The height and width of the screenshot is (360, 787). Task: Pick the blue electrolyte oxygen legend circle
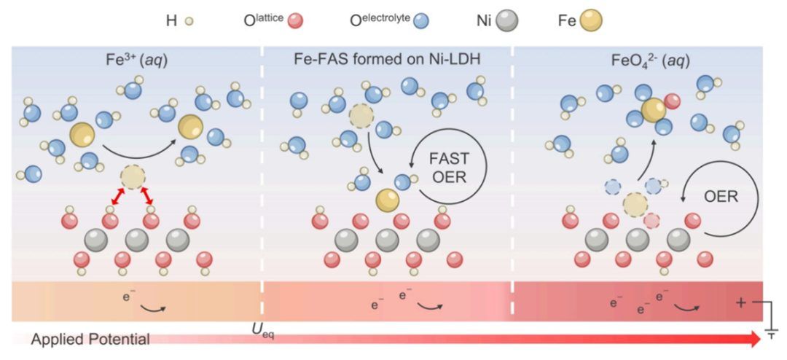tap(418, 22)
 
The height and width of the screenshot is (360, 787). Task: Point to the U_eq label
tap(262, 332)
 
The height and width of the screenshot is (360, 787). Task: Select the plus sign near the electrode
tap(741, 303)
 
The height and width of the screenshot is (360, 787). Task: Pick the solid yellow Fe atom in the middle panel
tap(388, 200)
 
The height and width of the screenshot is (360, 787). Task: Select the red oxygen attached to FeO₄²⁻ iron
tap(672, 101)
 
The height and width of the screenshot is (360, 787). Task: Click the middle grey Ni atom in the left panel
tap(136, 240)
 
